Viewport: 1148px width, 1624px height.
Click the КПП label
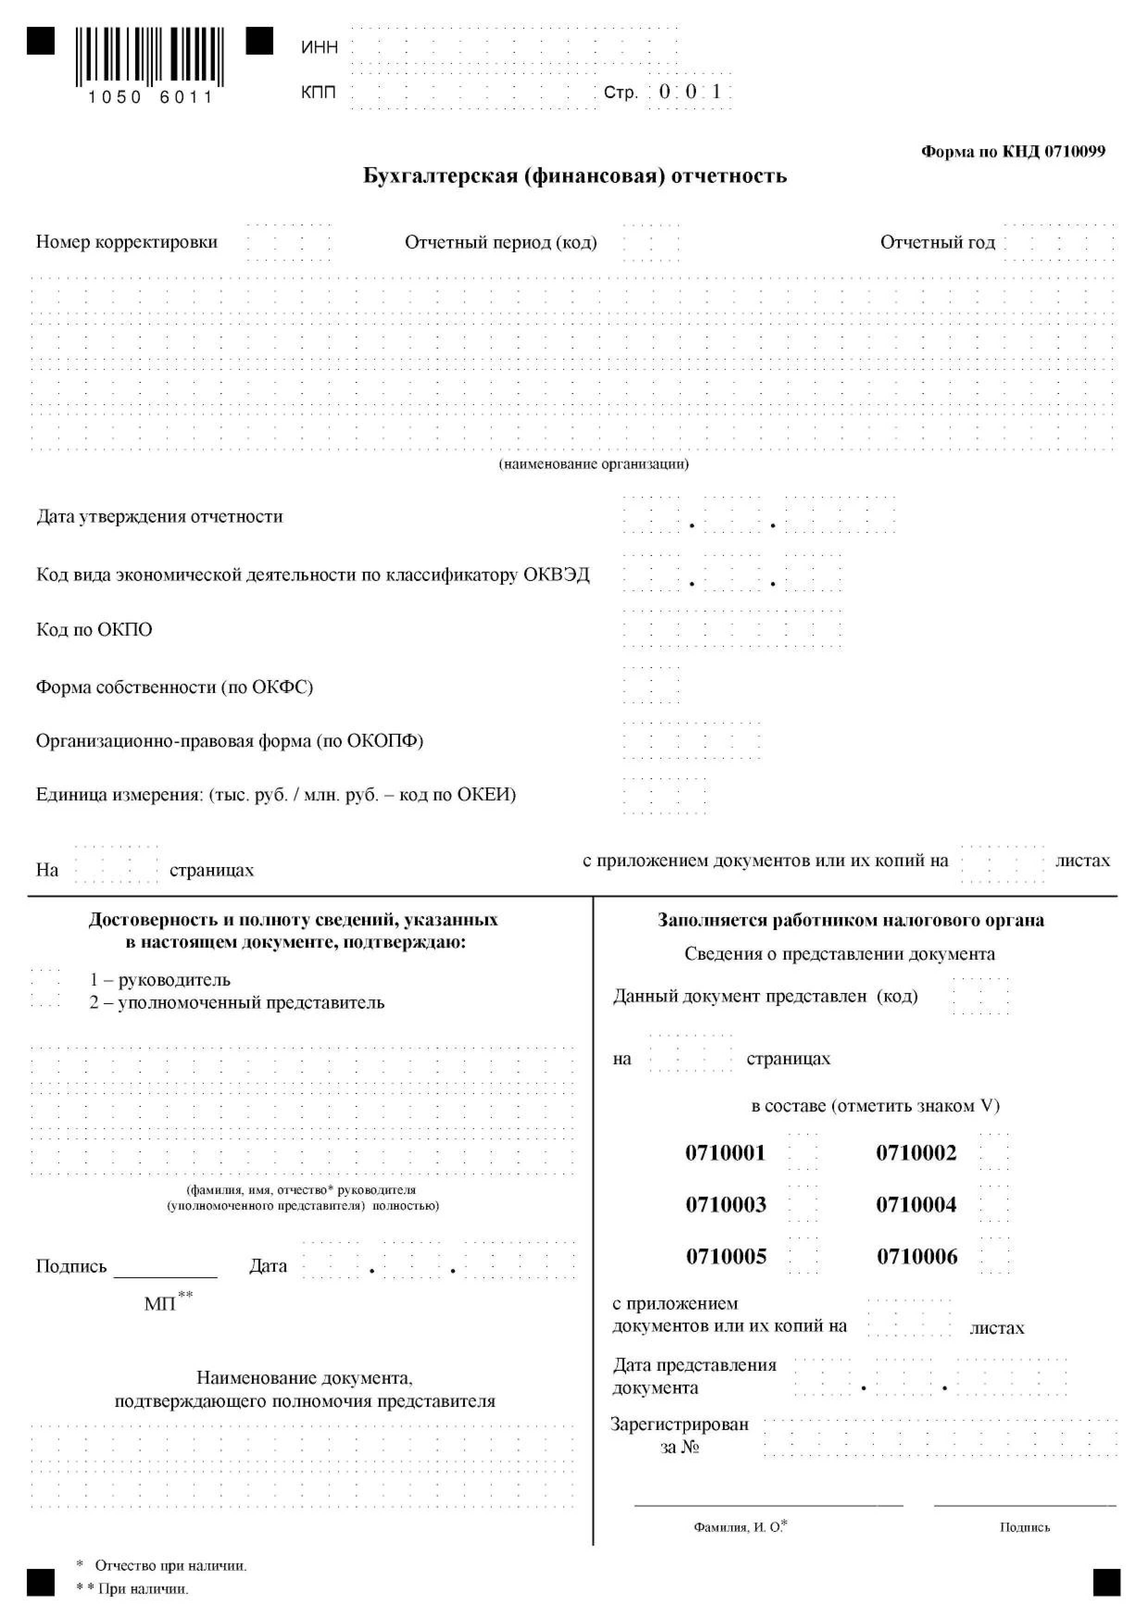pos(318,93)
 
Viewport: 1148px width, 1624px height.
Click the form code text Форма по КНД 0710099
pos(1012,151)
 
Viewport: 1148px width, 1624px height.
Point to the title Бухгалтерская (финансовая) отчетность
pos(574,175)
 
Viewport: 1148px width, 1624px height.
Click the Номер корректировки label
pos(126,242)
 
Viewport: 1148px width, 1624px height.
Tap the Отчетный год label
pos(937,243)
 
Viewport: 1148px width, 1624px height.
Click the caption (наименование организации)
pos(594,464)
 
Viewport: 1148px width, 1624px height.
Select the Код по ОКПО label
pos(94,630)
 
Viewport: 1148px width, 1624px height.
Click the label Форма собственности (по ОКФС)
pos(174,687)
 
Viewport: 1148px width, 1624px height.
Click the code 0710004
pos(916,1205)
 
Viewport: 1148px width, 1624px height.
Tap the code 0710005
pos(726,1257)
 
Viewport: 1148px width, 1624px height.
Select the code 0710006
pos(917,1257)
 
